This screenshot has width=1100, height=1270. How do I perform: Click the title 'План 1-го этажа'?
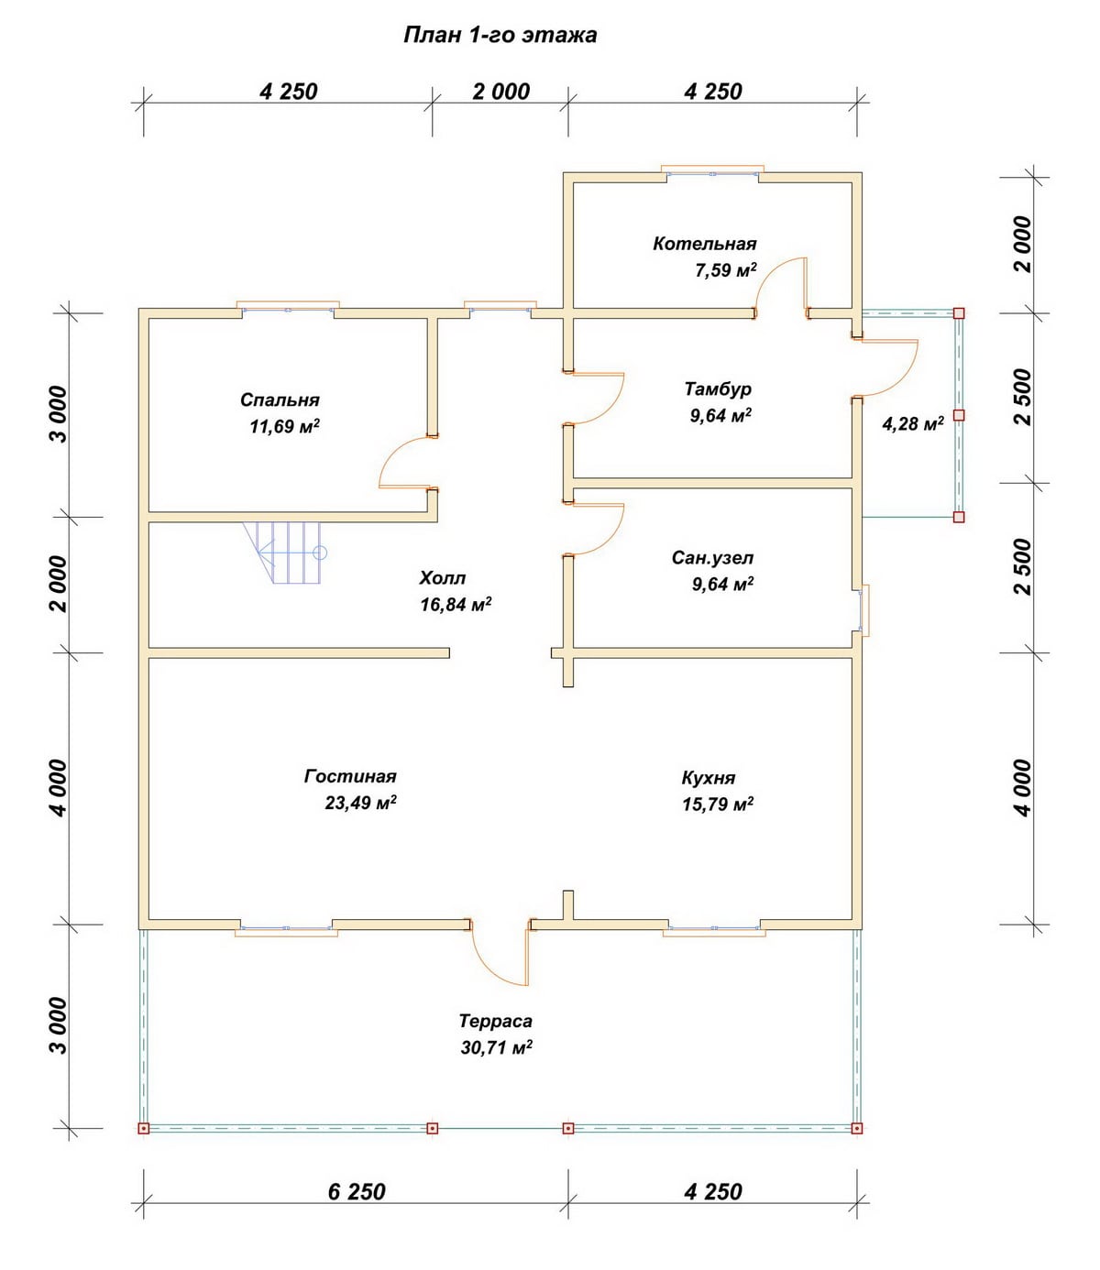[500, 35]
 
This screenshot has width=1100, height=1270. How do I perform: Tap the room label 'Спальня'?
[280, 400]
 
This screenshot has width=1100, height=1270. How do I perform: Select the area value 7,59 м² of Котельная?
[726, 269]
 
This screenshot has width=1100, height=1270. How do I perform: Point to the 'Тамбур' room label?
[718, 389]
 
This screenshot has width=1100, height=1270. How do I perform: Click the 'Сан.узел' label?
[712, 558]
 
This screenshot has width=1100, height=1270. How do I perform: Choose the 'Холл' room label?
[443, 578]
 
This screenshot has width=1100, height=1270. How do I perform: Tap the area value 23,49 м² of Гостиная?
[361, 803]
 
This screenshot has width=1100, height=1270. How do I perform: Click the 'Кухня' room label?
[709, 779]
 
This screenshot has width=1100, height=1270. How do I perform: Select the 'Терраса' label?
[496, 1021]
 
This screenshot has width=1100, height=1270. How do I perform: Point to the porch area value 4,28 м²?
[913, 423]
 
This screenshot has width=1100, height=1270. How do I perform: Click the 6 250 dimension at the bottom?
[357, 1191]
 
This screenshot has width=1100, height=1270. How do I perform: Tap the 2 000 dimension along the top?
[500, 92]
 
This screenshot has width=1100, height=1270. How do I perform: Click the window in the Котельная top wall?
[712, 171]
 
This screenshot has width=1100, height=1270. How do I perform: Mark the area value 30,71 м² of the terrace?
[497, 1047]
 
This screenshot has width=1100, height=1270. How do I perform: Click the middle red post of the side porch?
[959, 415]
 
